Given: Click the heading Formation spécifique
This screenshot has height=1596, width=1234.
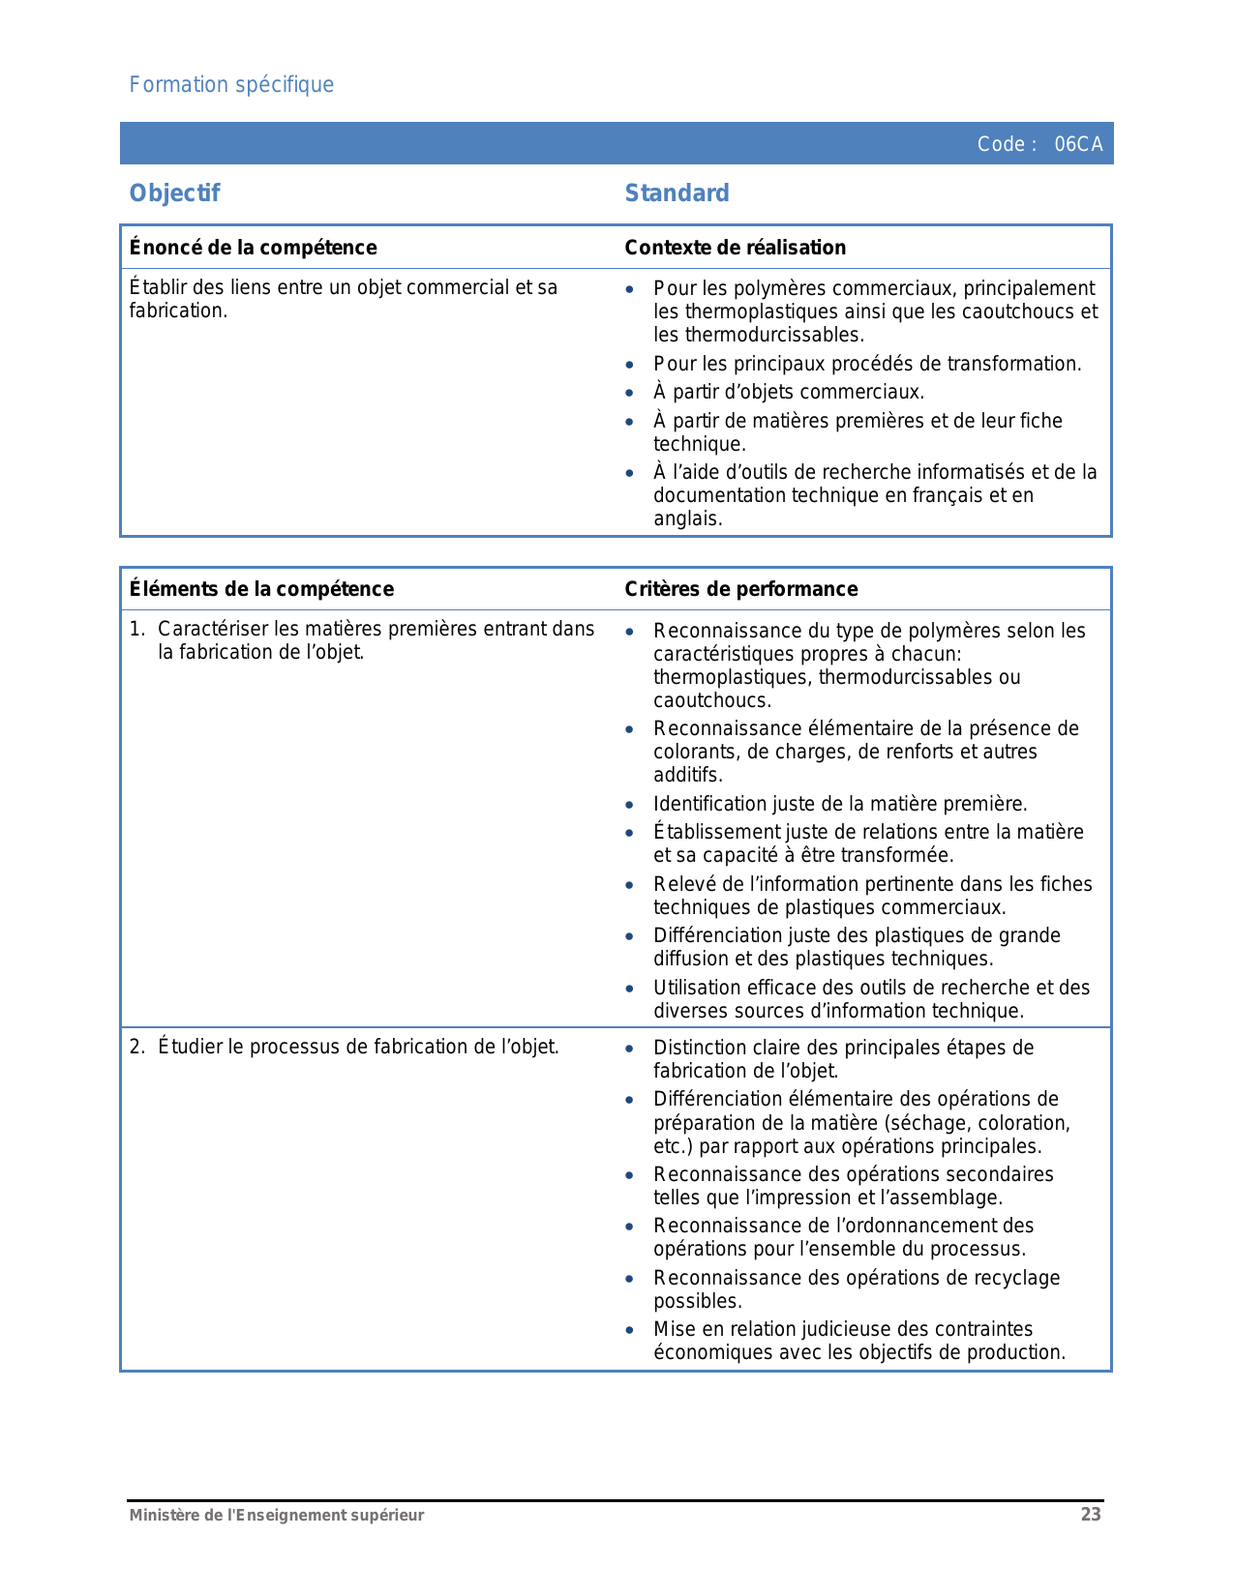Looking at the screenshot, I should point(231,85).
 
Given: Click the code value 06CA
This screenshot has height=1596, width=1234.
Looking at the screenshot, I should point(1078,144).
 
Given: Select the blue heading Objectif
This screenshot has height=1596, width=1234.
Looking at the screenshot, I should point(175,193).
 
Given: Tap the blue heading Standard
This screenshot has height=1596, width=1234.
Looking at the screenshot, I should point(677,193).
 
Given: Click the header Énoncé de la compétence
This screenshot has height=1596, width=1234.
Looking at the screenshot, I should point(254,248).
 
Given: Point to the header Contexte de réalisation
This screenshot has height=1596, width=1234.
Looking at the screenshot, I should point(736,248).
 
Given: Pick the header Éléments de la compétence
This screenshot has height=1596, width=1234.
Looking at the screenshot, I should point(261,589).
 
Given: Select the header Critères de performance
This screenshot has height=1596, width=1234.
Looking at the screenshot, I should point(741,589).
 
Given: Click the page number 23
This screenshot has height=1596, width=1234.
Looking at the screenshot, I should point(1091,1515).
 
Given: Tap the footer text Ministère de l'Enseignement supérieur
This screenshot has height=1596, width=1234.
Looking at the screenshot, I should point(277,1516).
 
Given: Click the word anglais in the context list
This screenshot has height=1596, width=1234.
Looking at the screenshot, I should point(688,518).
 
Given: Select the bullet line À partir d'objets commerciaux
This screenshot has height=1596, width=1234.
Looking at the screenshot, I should point(789,392).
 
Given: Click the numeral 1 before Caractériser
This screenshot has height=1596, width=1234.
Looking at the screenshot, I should point(136,630).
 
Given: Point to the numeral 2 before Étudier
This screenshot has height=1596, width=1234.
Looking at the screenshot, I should point(136,1047).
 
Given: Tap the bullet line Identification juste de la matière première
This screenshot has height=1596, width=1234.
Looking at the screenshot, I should point(840,804).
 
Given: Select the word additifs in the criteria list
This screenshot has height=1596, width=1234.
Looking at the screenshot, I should point(688,775).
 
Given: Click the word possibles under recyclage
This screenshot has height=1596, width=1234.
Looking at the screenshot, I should point(697,1301).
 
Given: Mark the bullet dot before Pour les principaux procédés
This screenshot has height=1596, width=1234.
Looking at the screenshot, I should point(630,365).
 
